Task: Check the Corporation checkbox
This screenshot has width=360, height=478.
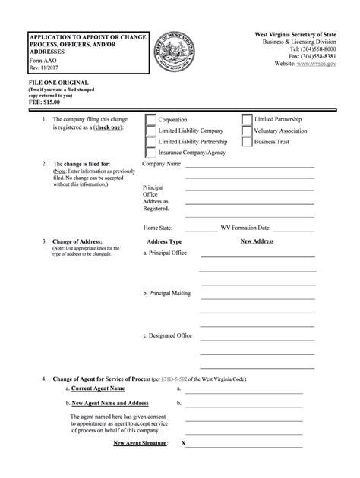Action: (x=150, y=120)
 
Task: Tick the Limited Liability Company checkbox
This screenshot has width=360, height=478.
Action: (x=150, y=131)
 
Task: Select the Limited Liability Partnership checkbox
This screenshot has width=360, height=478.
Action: (x=150, y=142)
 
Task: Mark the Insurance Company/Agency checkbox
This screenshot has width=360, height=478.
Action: (x=150, y=153)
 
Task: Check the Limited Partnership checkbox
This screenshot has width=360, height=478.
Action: (x=247, y=120)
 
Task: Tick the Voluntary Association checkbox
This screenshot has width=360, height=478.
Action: (x=247, y=131)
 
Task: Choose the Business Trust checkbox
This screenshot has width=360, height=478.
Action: (x=247, y=142)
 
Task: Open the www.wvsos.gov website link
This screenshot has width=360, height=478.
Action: (x=320, y=66)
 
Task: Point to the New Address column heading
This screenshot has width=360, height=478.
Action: (x=257, y=241)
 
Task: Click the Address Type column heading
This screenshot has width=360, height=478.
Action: (x=164, y=242)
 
